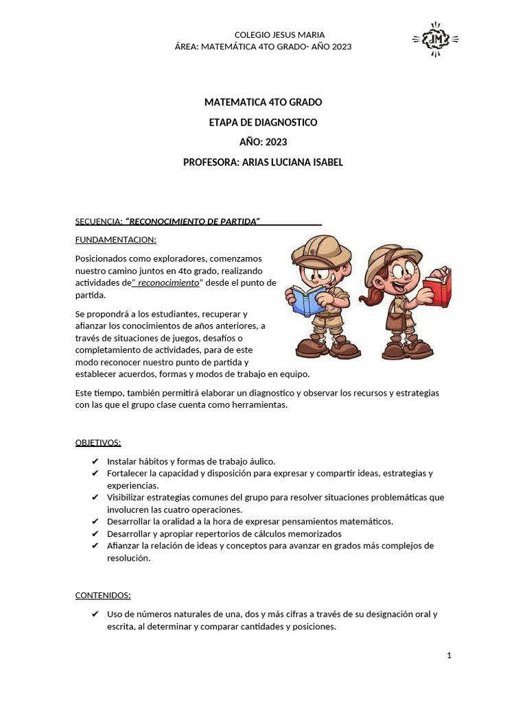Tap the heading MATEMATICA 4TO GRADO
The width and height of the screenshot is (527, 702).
click(x=263, y=102)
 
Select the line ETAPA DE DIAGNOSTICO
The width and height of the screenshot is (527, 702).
click(x=263, y=122)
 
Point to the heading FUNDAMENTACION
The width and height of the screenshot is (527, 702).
click(x=115, y=240)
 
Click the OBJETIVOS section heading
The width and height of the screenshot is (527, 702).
click(x=97, y=442)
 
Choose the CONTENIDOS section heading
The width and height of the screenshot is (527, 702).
click(x=102, y=595)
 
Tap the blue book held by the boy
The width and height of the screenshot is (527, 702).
click(x=309, y=300)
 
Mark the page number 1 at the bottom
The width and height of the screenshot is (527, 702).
click(x=449, y=655)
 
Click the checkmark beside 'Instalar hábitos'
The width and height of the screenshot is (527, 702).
click(x=95, y=461)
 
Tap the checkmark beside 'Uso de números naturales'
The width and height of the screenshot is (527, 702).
click(x=95, y=614)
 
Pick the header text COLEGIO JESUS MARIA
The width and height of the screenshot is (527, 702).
click(x=279, y=35)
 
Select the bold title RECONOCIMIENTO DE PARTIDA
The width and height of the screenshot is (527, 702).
click(x=194, y=221)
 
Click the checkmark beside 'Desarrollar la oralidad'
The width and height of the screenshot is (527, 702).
click(x=95, y=522)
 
